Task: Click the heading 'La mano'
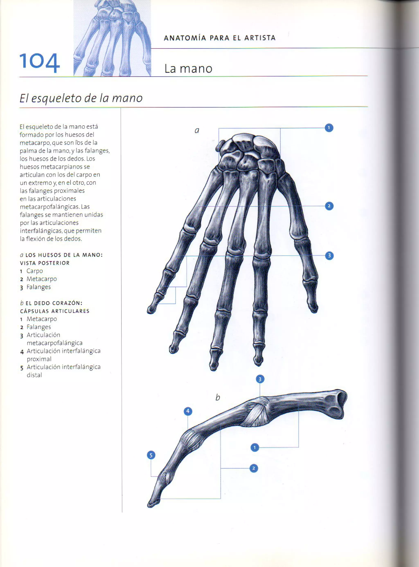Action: coord(188,69)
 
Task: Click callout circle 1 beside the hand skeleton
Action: coord(329,128)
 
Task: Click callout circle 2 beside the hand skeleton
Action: coord(329,206)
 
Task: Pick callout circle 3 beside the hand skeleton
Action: coord(329,256)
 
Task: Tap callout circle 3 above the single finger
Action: coord(260,379)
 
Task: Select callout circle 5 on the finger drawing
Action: coord(151,455)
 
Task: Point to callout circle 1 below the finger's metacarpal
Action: coord(255,448)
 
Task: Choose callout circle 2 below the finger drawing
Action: coord(254,468)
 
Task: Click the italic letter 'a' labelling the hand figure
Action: coord(197,130)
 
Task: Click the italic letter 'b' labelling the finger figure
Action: coord(218,397)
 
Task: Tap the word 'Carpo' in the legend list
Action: coord(35,271)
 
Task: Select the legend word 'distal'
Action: coord(34,375)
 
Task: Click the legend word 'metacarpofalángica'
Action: coord(55,343)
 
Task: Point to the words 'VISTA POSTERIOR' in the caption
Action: coord(45,263)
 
